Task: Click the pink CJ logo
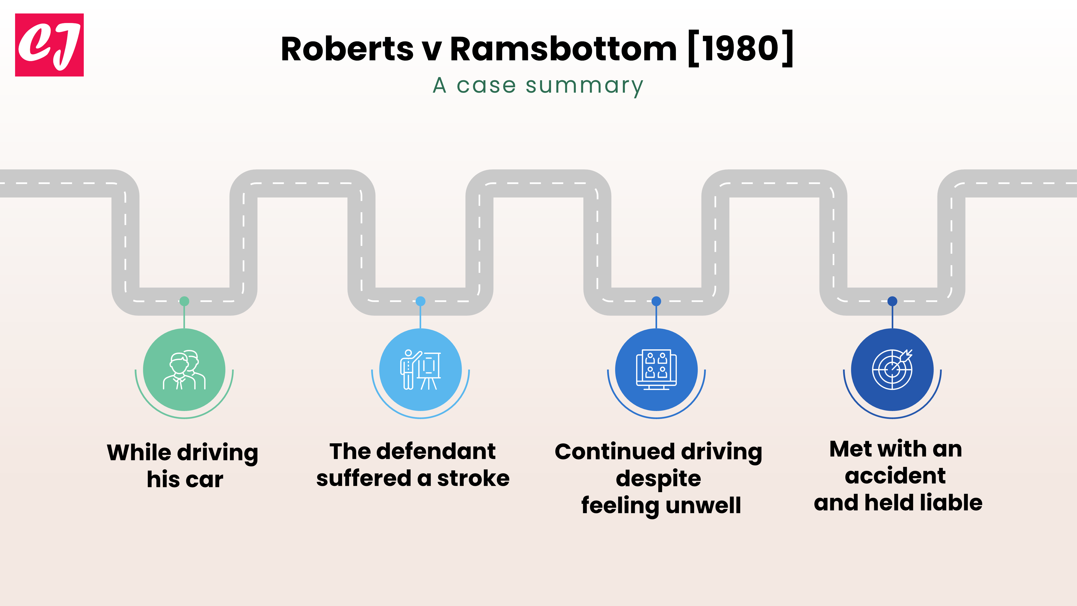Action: pyautogui.click(x=49, y=45)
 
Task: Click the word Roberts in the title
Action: pyautogui.click(x=347, y=49)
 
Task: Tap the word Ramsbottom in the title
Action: pyautogui.click(x=563, y=49)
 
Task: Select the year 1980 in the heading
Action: pyautogui.click(x=740, y=49)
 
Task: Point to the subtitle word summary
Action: pyautogui.click(x=584, y=86)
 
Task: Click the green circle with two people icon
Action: pyautogui.click(x=184, y=370)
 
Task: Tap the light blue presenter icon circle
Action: pyautogui.click(x=420, y=370)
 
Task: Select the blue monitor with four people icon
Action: pyautogui.click(x=656, y=370)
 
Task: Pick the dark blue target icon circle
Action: pyautogui.click(x=892, y=370)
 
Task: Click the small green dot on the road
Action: pyautogui.click(x=184, y=301)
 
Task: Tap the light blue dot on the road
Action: pyautogui.click(x=420, y=301)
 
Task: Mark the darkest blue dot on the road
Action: pyautogui.click(x=892, y=301)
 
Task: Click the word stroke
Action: pyautogui.click(x=473, y=478)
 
